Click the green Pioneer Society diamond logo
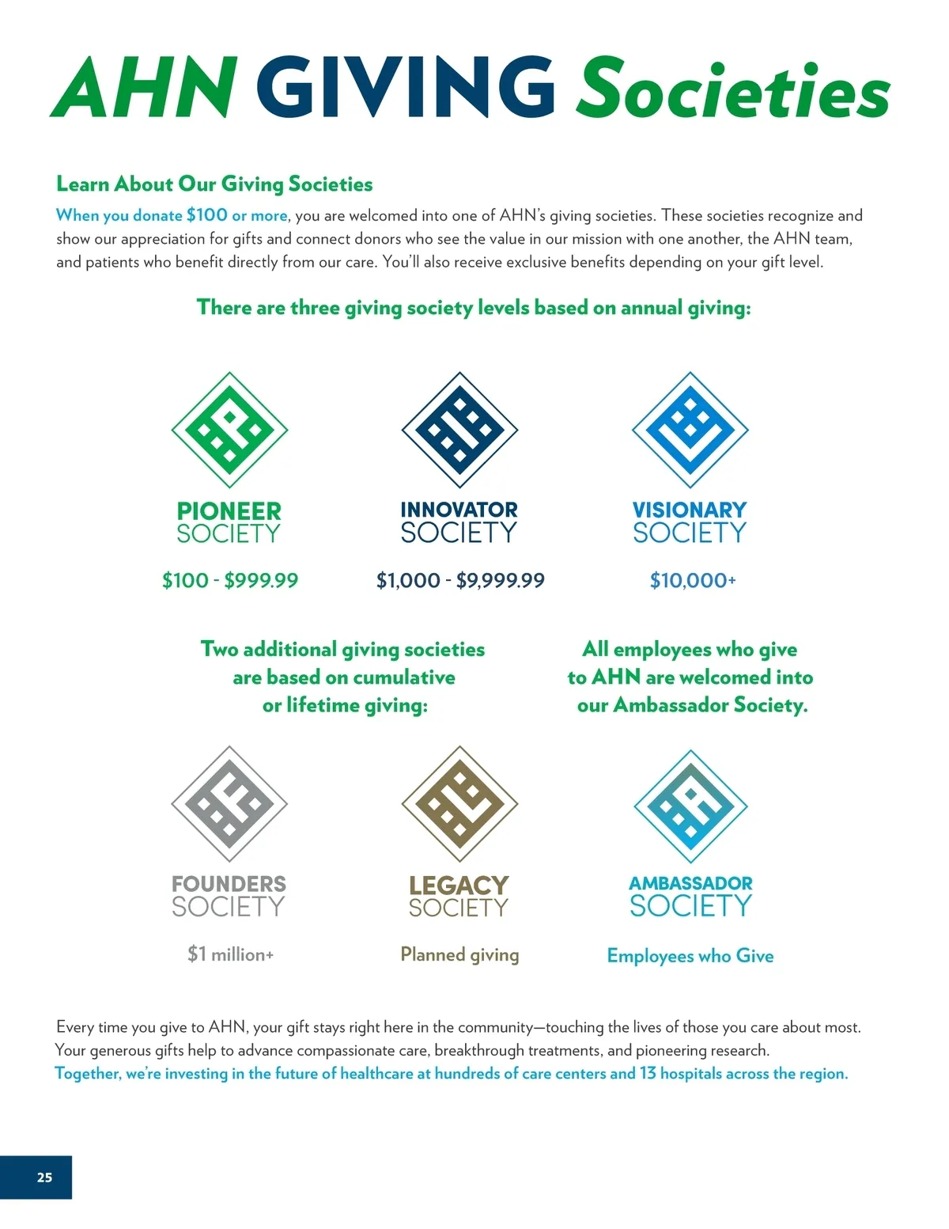229,430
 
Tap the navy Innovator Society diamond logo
459,430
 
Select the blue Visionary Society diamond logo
690,430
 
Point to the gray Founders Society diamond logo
229,803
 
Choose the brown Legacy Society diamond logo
459,803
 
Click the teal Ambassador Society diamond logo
690,806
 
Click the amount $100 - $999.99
230,581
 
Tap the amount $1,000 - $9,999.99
460,581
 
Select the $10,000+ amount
692,581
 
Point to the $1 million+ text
230,954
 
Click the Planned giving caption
459,955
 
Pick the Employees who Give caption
690,956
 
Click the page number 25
44,1178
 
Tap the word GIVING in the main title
406,87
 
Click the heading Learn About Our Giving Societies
214,184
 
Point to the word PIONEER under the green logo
229,511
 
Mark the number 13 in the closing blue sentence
648,1074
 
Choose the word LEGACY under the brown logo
459,885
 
